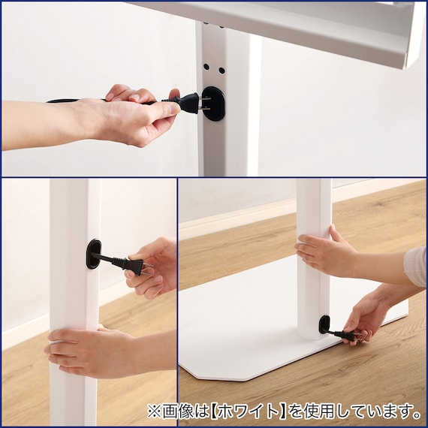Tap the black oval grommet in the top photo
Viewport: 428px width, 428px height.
click(215, 104)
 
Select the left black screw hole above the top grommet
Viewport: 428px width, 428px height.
click(206, 67)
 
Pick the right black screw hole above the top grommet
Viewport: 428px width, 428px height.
click(222, 71)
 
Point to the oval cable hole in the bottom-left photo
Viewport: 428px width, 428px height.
click(93, 254)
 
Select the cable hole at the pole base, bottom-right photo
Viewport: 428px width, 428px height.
click(324, 324)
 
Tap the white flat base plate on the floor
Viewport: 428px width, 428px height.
click(246, 341)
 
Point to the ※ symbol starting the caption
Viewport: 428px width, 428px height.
click(155, 411)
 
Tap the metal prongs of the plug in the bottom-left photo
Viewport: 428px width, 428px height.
click(147, 269)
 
